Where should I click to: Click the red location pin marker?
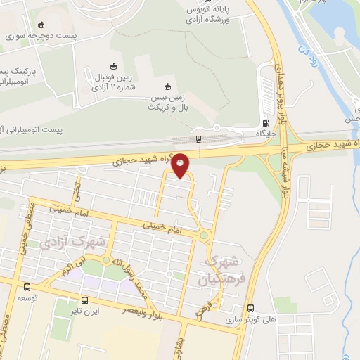pos(181,166)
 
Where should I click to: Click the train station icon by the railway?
pos(199,139)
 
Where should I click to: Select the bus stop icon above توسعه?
pos(27,287)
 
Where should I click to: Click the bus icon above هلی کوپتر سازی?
pos(251,308)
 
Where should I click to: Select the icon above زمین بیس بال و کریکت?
pos(167,86)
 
